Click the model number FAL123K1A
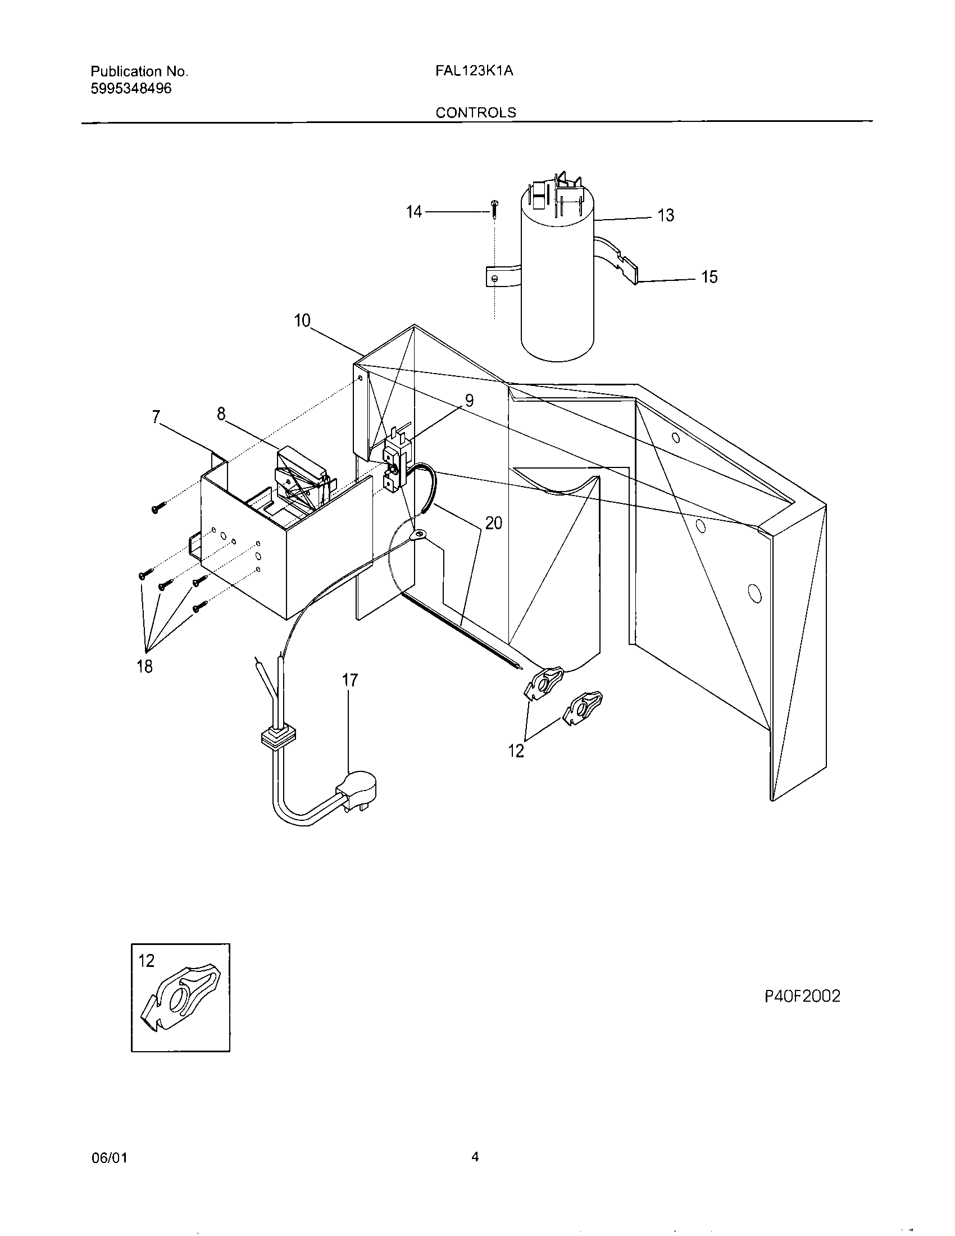(475, 71)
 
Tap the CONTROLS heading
(476, 112)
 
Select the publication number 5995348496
(131, 89)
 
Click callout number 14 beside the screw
(414, 212)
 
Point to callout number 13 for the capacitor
(666, 216)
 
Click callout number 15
(709, 278)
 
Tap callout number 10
(302, 321)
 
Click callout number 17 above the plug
(350, 680)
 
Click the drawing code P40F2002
(802, 996)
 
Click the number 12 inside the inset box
(147, 961)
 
